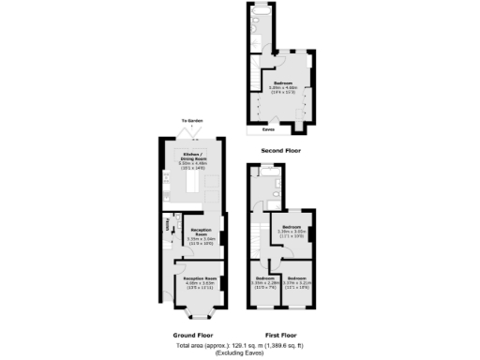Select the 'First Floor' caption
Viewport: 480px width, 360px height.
click(281, 335)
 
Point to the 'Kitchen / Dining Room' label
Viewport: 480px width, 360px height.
click(192, 155)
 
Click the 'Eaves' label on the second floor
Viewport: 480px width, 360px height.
click(268, 130)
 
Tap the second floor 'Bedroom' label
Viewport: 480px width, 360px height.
click(282, 83)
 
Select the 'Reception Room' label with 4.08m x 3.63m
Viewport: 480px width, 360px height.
click(200, 278)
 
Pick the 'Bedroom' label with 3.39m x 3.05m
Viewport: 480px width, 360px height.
click(292, 227)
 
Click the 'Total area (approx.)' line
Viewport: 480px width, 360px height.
click(239, 346)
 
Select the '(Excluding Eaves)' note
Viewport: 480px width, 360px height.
click(239, 354)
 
